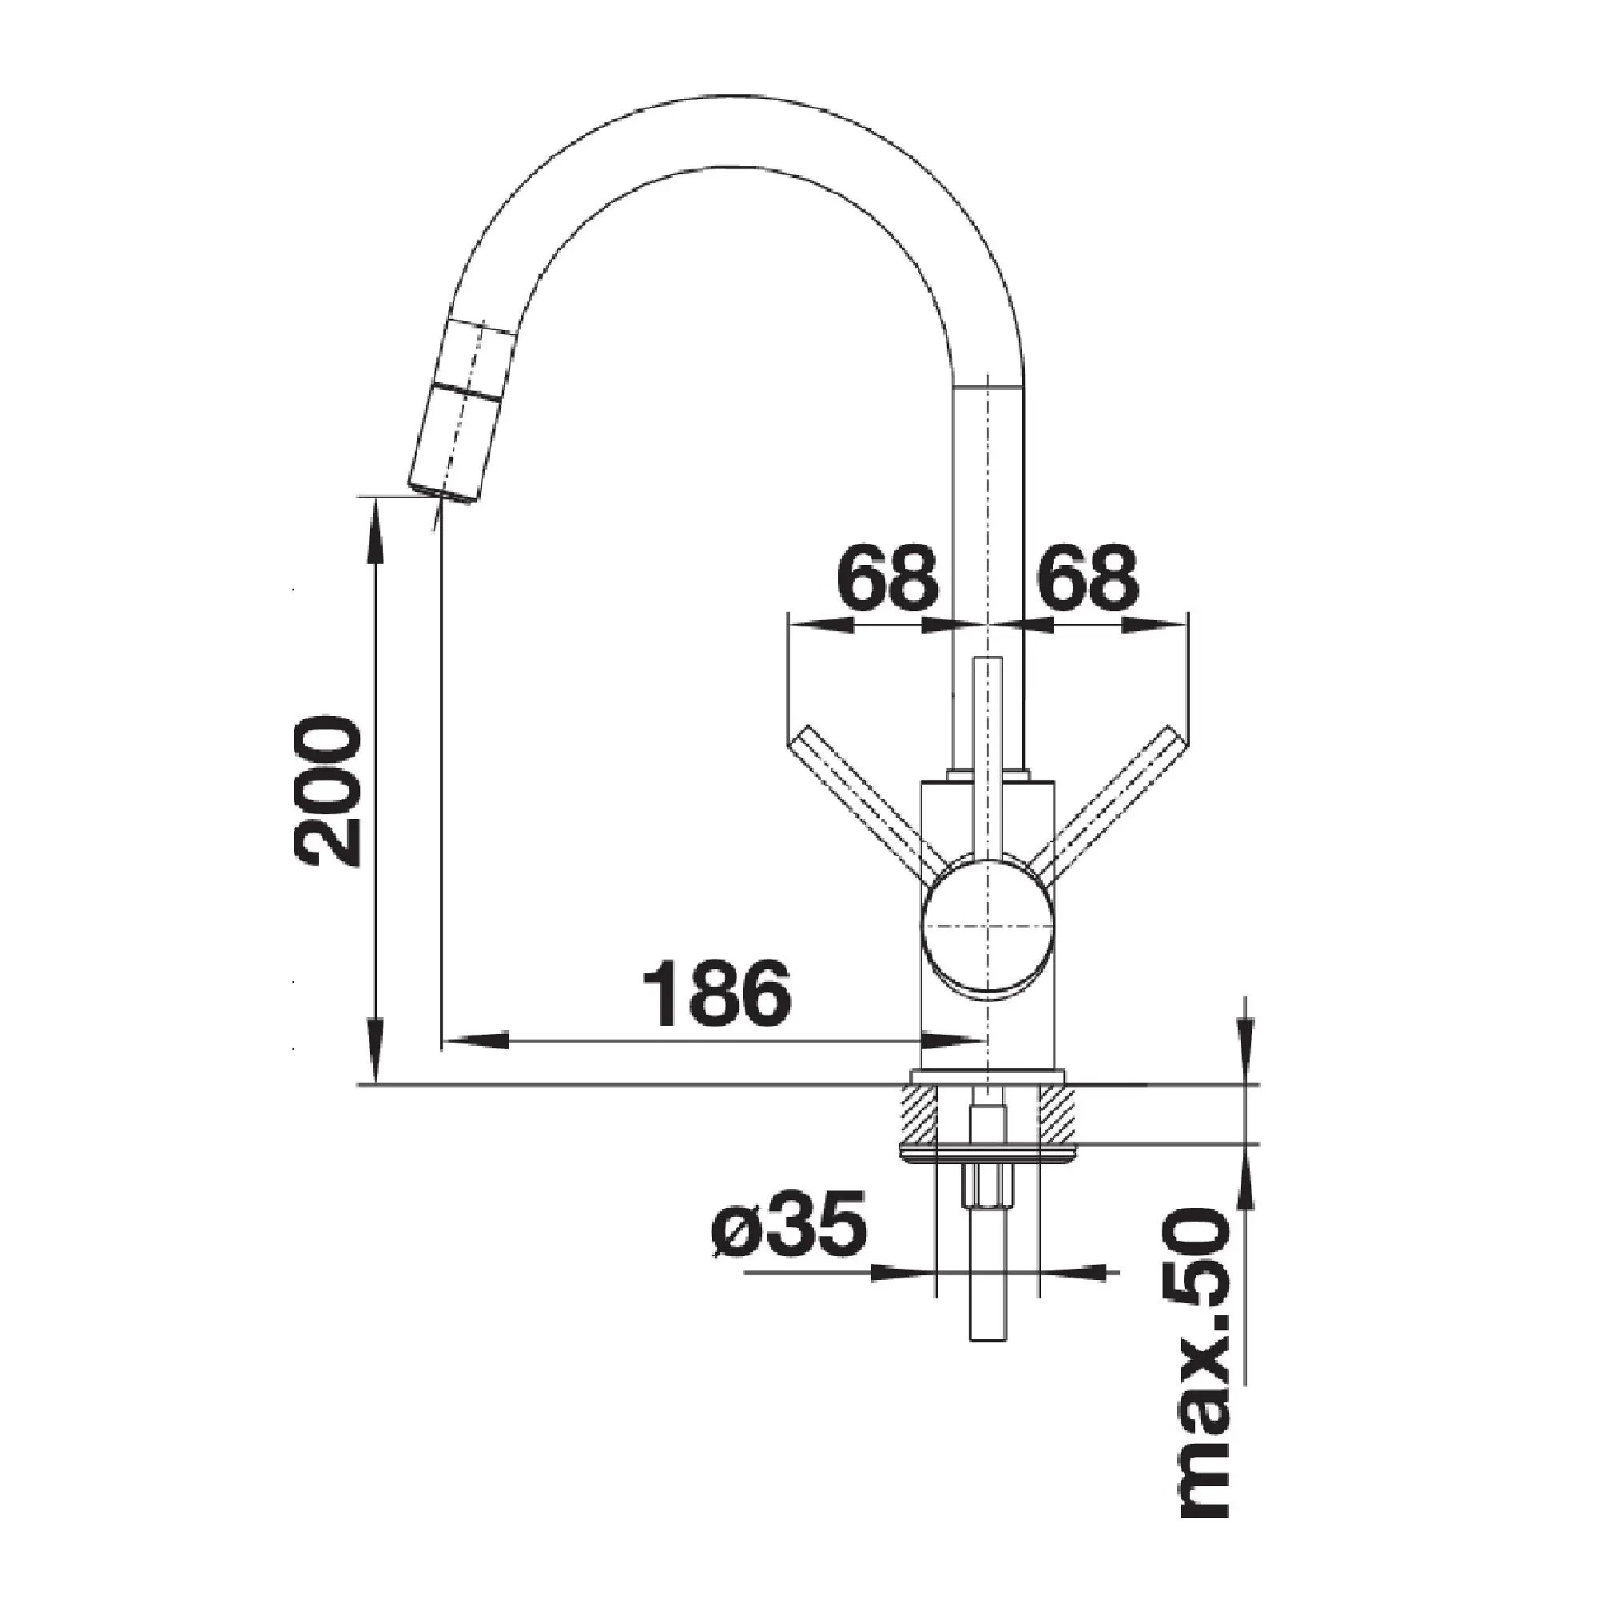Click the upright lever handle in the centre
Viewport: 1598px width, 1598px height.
point(988,745)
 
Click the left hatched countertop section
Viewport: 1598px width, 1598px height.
point(919,1115)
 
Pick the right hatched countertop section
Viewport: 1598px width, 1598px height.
point(1057,1115)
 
